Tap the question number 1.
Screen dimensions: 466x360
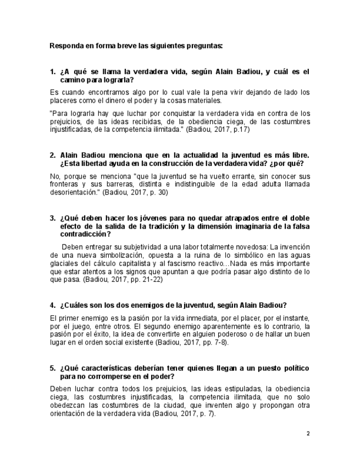(x=53, y=71)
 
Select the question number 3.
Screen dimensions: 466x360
(x=53, y=218)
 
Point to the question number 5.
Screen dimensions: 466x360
(x=53, y=368)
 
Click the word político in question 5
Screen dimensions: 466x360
(x=295, y=368)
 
